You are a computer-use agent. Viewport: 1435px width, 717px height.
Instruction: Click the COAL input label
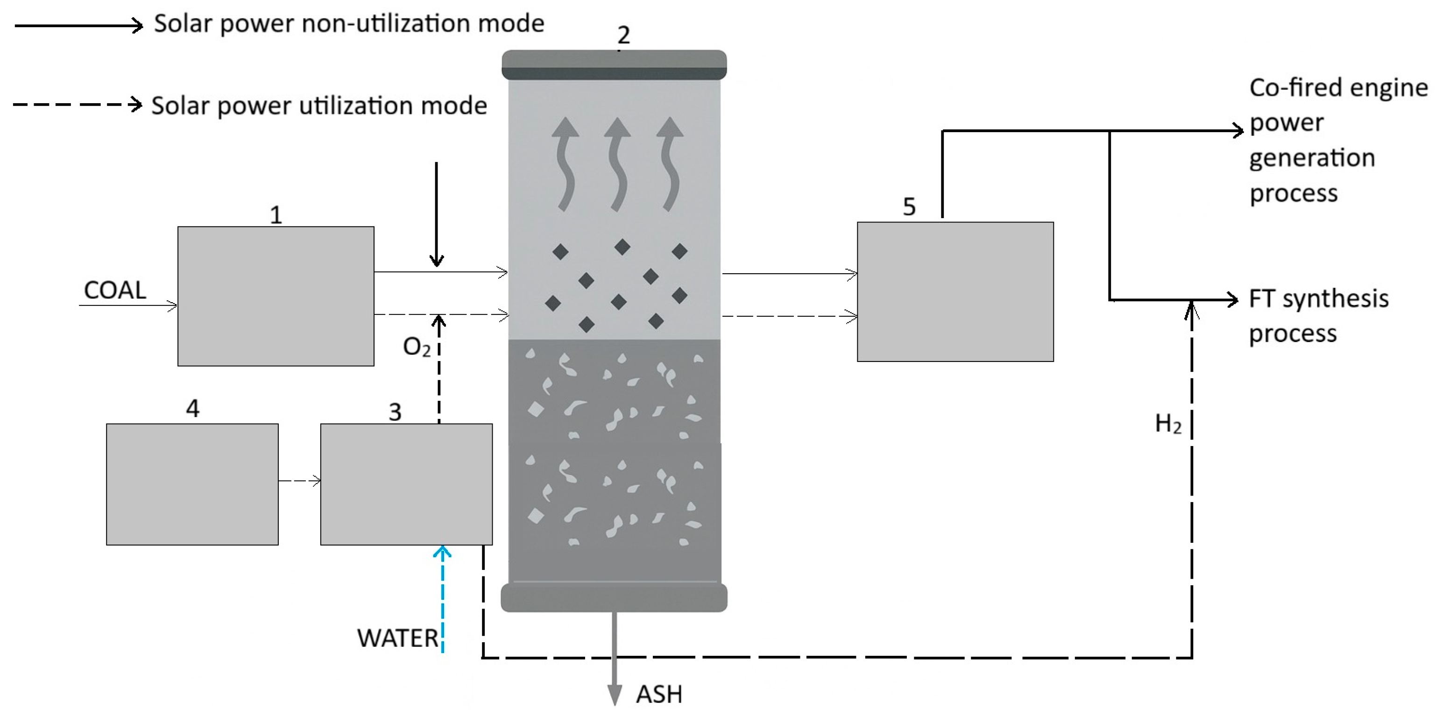click(115, 290)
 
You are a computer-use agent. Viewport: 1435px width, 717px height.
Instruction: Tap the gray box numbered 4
click(192, 483)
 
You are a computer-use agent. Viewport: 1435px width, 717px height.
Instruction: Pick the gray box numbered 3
click(406, 483)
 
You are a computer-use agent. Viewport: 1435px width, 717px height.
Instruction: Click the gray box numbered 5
click(955, 292)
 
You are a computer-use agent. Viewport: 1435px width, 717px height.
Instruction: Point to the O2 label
click(416, 347)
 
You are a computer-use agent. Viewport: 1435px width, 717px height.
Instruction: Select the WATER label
click(398, 638)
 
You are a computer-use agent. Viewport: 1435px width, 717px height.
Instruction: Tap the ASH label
click(659, 694)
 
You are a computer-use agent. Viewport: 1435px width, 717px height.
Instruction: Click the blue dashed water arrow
click(442, 599)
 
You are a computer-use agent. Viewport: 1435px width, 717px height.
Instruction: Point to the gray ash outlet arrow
click(615, 657)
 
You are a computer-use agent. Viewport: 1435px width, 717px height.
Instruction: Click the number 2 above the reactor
click(623, 35)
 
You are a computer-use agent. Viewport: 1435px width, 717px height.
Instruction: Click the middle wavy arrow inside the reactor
click(617, 164)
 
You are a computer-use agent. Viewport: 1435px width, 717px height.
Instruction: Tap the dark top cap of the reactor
click(614, 65)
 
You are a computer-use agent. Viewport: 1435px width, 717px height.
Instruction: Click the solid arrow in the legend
click(78, 25)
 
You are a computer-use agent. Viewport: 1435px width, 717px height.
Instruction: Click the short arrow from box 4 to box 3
click(299, 480)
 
